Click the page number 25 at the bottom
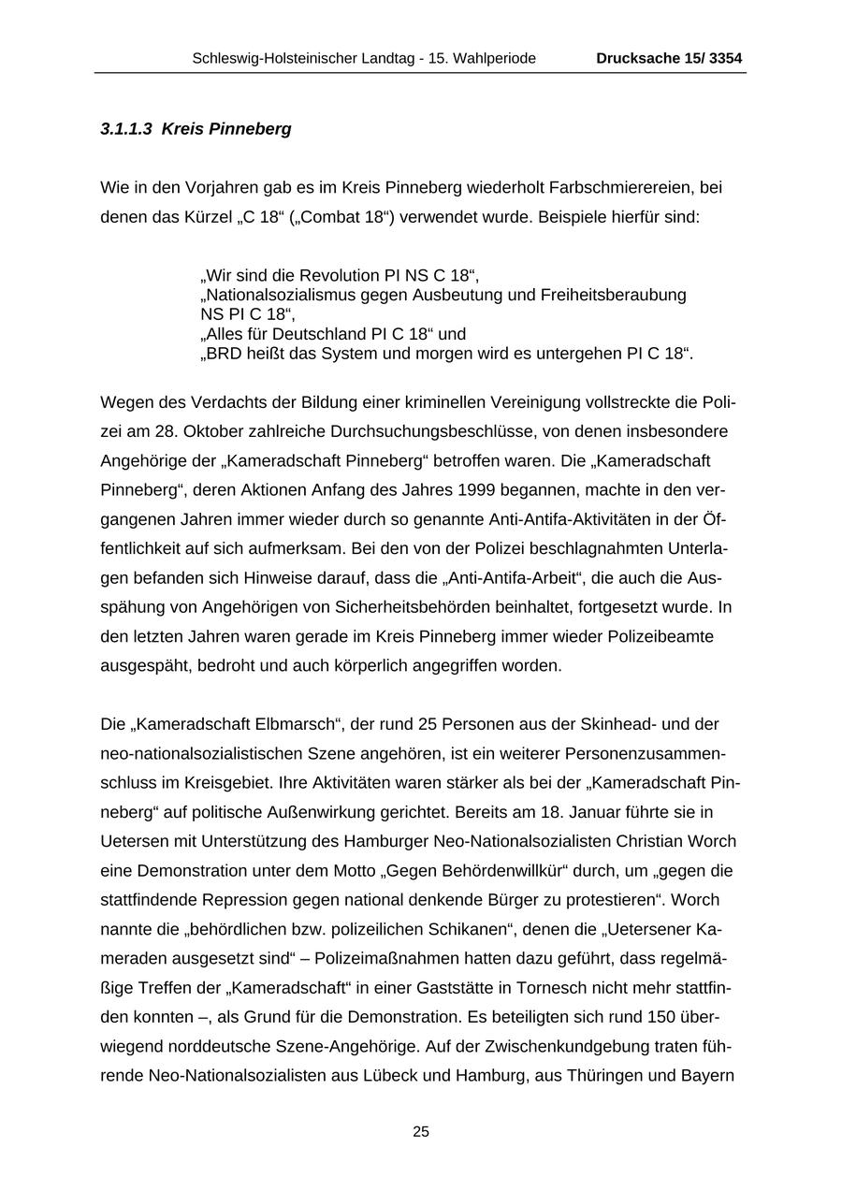tap(421, 1132)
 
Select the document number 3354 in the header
tap(725, 58)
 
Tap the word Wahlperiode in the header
tap(496, 58)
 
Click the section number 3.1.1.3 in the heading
tap(126, 129)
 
